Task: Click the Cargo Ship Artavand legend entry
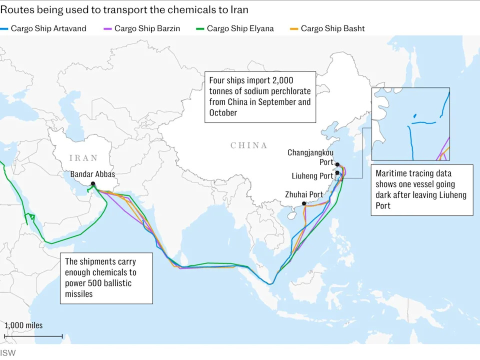[x=48, y=28]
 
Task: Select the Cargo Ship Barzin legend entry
[x=147, y=28]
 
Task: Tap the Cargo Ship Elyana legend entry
[x=240, y=28]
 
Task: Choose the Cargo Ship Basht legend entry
[x=332, y=28]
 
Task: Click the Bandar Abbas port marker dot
[x=93, y=184]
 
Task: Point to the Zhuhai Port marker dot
[x=304, y=203]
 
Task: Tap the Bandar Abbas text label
[x=92, y=174]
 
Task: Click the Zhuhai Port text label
[x=304, y=194]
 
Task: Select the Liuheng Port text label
[x=312, y=176]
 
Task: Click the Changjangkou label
[x=310, y=152]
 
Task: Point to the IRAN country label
[x=84, y=158]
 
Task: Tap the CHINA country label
[x=249, y=145]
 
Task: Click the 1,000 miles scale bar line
[x=33, y=336]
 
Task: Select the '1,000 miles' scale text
[x=24, y=325]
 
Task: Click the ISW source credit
[x=7, y=353]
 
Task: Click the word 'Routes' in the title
[x=15, y=9]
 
